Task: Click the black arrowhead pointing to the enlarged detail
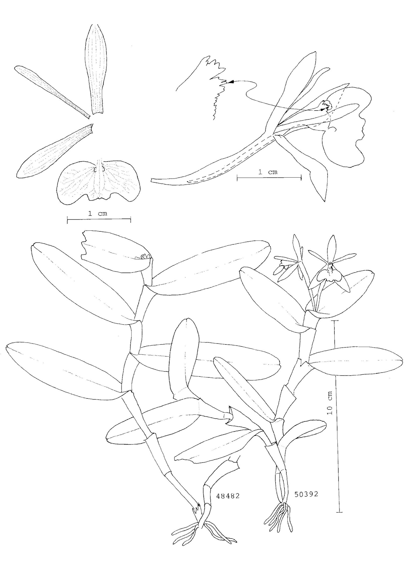click(231, 82)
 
